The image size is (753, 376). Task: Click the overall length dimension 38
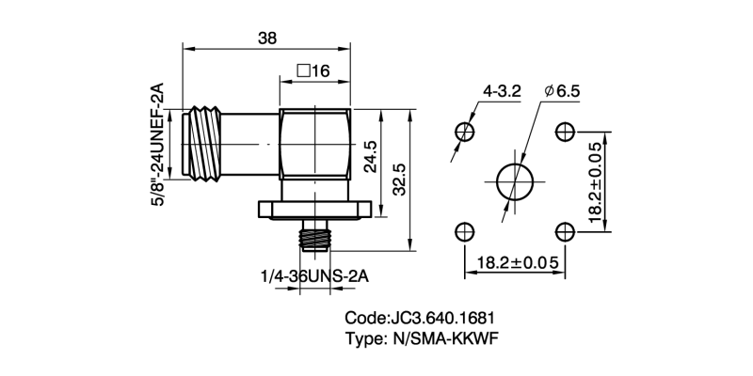[x=266, y=39]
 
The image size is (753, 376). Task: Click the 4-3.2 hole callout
[x=501, y=91]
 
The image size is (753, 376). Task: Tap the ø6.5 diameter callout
[x=563, y=91]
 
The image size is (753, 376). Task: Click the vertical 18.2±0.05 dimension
[x=595, y=181]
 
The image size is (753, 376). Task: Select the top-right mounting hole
[x=566, y=130]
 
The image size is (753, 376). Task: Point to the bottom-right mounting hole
[x=566, y=231]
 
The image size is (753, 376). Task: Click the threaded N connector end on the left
[x=202, y=143]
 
